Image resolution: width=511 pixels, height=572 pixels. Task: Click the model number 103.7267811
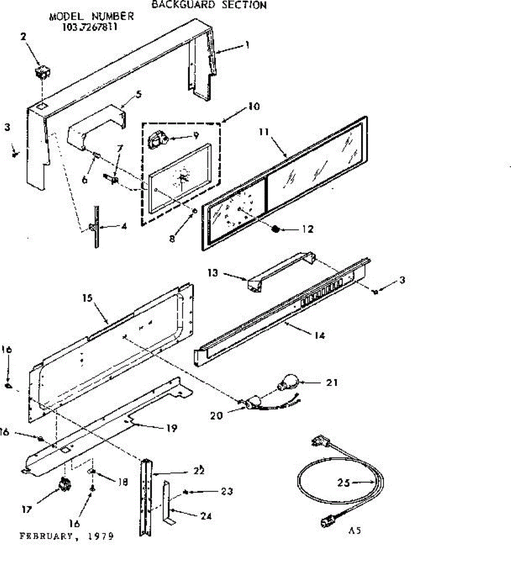(x=90, y=27)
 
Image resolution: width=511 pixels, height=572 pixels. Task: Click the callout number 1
(x=247, y=45)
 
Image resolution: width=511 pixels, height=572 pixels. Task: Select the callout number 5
(x=139, y=94)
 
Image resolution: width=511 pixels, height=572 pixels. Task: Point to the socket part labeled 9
(x=157, y=140)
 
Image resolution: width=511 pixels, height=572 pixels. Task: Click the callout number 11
(x=264, y=132)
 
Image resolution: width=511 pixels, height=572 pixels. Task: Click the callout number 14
(x=320, y=336)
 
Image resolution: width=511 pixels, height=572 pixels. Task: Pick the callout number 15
(x=87, y=298)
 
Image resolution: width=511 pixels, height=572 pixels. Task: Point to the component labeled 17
(x=63, y=485)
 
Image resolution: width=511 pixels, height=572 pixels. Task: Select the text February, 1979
(x=67, y=536)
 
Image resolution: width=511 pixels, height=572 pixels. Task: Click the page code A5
(x=354, y=531)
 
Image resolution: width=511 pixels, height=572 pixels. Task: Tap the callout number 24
(x=206, y=516)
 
